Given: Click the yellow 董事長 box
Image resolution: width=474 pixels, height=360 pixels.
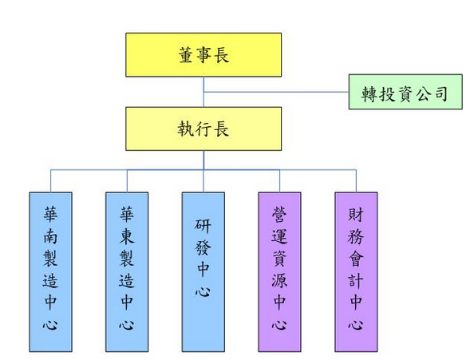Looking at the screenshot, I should [203, 54].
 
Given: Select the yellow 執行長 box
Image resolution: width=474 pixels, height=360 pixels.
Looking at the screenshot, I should [203, 129].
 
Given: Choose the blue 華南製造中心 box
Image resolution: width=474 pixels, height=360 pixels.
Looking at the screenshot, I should [49, 271].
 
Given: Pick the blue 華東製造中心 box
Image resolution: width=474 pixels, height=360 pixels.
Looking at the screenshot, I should [126, 271].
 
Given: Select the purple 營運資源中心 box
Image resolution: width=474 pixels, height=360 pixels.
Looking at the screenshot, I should [279, 271].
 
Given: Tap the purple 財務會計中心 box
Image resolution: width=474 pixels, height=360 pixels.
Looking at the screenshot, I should [356, 271].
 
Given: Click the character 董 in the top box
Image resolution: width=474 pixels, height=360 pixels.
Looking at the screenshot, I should [185, 54].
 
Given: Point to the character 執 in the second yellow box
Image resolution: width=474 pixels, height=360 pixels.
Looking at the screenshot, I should [185, 129].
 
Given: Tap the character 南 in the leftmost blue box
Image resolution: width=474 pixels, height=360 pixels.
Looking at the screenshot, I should [49, 237].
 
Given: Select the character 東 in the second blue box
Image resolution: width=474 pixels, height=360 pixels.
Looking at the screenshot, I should [126, 237].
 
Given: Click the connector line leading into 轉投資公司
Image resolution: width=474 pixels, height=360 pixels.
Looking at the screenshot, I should [275, 93].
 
